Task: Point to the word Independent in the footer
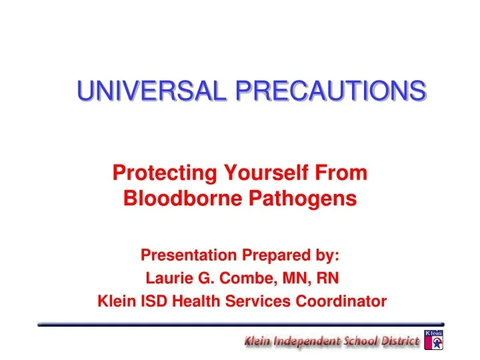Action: click(x=305, y=342)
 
